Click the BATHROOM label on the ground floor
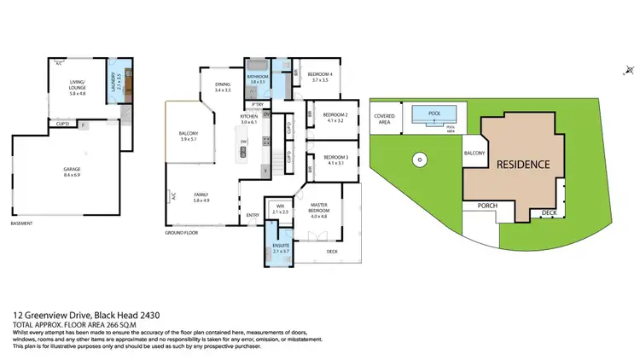[259, 78]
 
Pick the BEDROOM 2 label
[335, 118]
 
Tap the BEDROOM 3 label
[335, 160]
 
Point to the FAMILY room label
[201, 197]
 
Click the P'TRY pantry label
[255, 104]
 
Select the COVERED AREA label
[381, 119]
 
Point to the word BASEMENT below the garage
[21, 224]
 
